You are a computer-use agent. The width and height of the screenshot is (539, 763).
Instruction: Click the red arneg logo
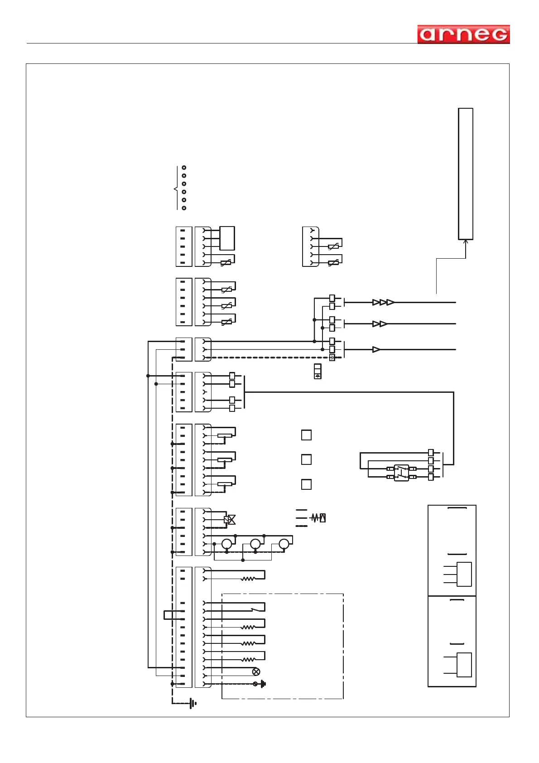click(463, 34)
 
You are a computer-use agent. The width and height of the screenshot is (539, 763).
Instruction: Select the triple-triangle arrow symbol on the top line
click(383, 302)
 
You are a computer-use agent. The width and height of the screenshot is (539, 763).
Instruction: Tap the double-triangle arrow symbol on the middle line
click(380, 324)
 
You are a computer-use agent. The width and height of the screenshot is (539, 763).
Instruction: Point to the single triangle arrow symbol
click(376, 350)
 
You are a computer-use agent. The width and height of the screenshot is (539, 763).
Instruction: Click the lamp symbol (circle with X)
click(256, 671)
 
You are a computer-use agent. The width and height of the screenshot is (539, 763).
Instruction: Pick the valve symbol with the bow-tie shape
click(230, 520)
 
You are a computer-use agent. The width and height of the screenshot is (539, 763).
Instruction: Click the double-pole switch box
click(401, 473)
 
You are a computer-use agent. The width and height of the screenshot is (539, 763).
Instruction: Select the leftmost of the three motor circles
click(226, 544)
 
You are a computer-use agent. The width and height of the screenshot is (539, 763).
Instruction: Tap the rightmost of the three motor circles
click(284, 544)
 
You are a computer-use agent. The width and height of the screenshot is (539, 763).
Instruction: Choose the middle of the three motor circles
click(255, 544)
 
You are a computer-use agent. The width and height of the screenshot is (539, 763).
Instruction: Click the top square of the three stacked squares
click(306, 435)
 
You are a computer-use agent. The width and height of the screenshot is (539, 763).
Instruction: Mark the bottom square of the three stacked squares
click(306, 484)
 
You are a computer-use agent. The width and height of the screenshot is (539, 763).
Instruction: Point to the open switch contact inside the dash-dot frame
click(258, 608)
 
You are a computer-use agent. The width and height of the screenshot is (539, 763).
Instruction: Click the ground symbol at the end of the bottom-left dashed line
click(193, 704)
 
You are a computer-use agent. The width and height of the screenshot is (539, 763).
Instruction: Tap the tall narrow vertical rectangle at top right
click(466, 174)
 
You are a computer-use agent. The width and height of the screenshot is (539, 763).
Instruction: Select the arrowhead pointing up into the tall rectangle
click(466, 242)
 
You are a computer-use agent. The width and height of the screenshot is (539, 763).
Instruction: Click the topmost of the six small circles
click(184, 168)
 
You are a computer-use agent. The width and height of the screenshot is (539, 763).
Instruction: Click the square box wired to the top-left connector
click(227, 238)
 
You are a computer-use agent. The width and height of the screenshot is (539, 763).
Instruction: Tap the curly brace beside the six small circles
click(176, 188)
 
